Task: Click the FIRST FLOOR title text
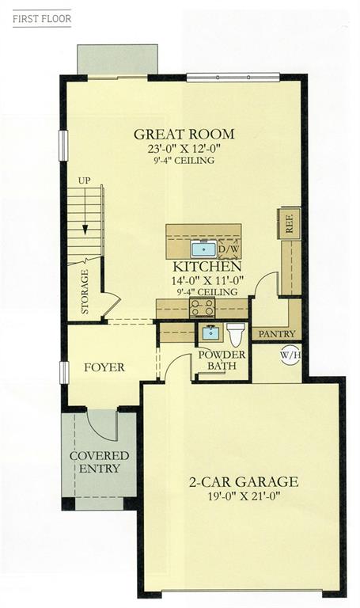(x=42, y=19)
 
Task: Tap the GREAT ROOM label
(x=184, y=134)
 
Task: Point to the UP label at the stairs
(x=84, y=180)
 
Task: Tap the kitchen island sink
(x=203, y=249)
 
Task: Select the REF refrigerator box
(x=289, y=224)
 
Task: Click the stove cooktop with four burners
(x=202, y=308)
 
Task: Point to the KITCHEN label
(x=207, y=267)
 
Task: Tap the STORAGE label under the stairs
(x=85, y=291)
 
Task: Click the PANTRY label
(x=277, y=334)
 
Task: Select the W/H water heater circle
(x=290, y=355)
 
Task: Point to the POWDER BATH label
(x=222, y=360)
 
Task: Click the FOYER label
(x=104, y=367)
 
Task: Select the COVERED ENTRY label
(x=99, y=462)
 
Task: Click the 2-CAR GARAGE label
(x=244, y=481)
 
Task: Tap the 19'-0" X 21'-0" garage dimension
(x=244, y=496)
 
